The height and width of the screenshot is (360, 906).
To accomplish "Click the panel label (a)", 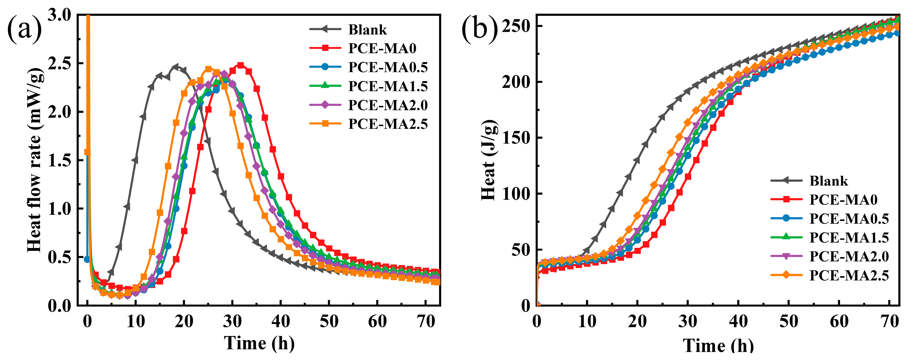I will point(24,30).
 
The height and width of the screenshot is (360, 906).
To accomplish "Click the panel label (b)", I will point(479,30).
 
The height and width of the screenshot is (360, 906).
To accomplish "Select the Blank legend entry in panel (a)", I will point(367,30).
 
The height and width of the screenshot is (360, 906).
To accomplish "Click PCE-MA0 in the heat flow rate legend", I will point(382,48).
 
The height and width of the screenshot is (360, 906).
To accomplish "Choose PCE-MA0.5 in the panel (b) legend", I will point(849,219).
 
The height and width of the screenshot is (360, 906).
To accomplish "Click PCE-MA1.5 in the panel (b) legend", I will point(849,238).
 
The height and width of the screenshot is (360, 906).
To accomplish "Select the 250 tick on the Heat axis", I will point(516,26).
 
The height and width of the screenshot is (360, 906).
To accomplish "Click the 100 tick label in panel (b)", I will point(516,194).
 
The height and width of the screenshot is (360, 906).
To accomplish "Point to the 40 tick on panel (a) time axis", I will point(280,321).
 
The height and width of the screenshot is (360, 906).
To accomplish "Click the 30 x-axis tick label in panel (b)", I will point(688,321).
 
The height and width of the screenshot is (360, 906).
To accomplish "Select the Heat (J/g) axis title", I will point(489,160).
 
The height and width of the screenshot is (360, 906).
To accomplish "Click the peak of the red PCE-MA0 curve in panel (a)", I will point(240,65).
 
